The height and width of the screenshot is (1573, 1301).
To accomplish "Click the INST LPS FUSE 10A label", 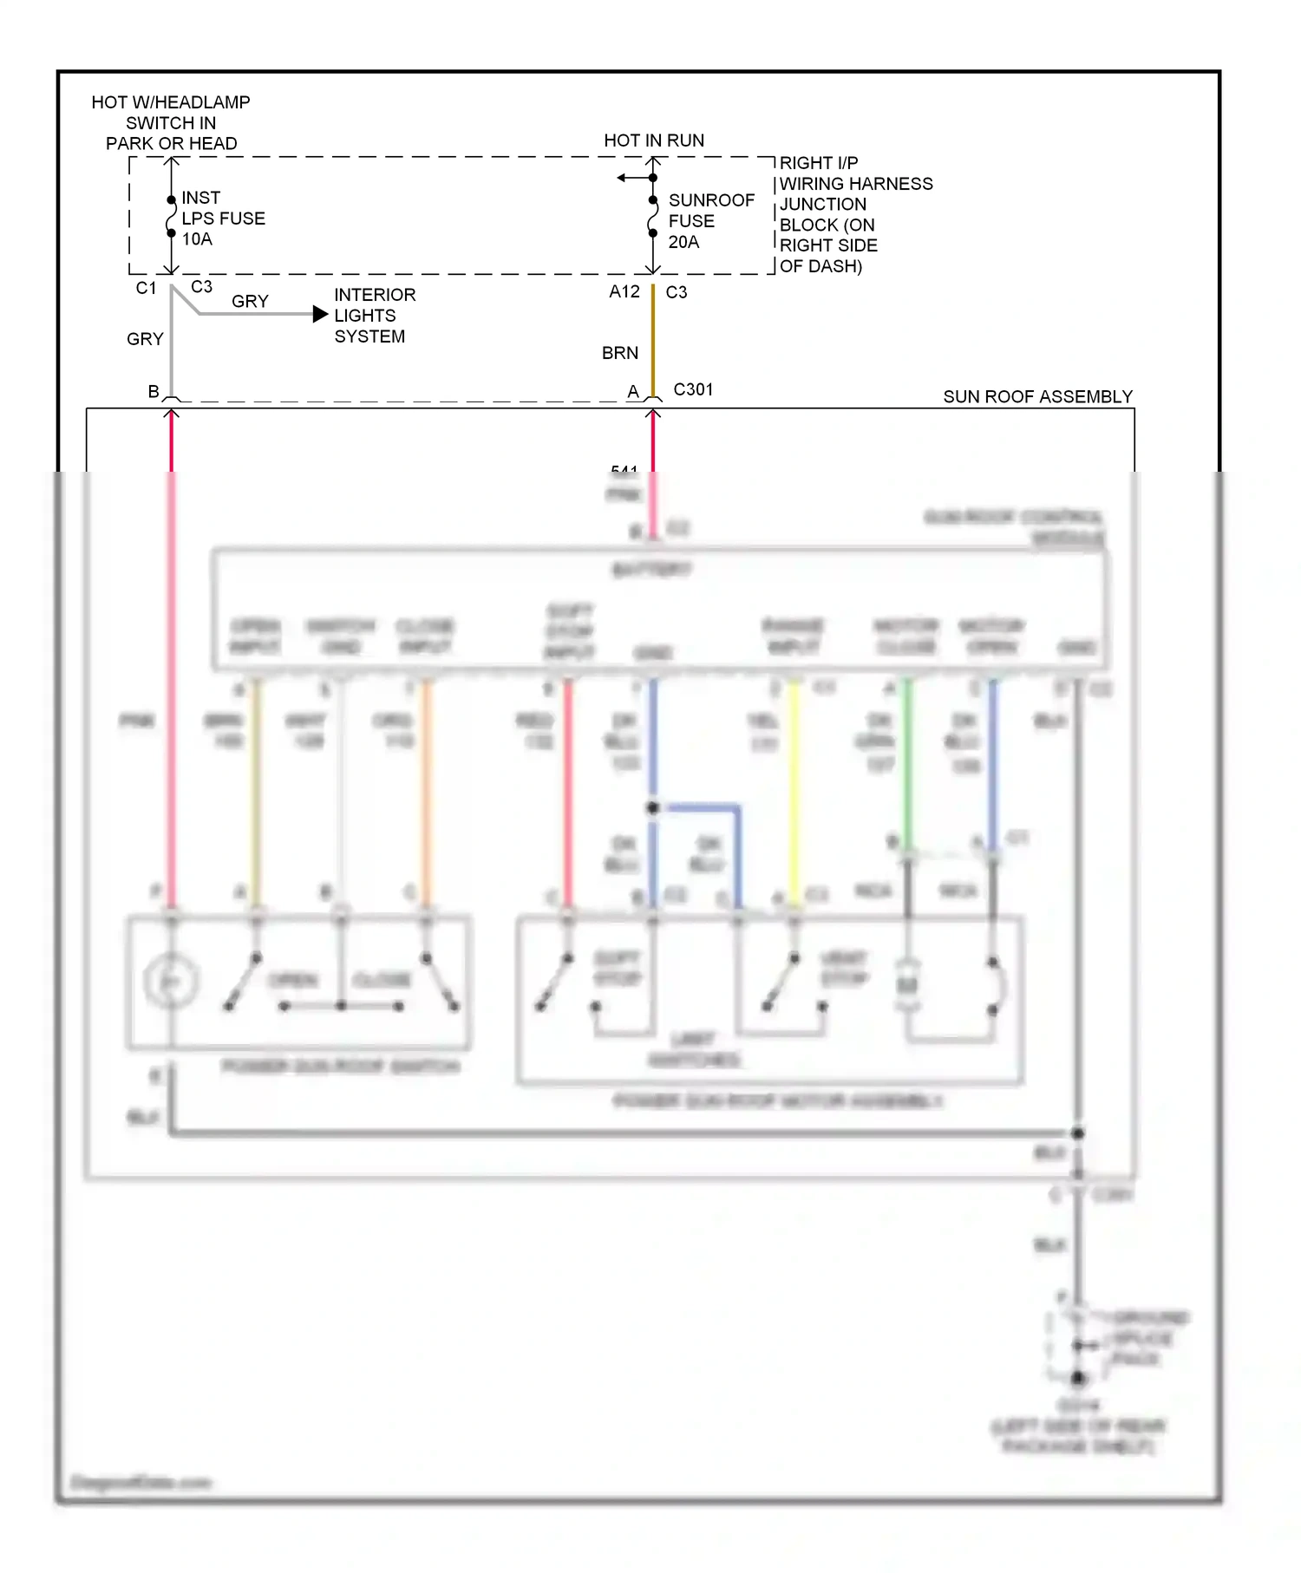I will [222, 219].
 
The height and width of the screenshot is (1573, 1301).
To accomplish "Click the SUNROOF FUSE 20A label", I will [710, 221].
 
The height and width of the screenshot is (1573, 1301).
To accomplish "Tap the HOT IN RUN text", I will [654, 140].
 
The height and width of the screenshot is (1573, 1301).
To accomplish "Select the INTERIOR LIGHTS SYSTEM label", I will [374, 316].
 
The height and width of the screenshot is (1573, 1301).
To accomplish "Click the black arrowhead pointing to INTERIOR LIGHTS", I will [320, 314].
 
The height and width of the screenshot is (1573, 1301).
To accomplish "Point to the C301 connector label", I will [693, 389].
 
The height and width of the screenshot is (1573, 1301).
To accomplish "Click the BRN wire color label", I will [619, 353].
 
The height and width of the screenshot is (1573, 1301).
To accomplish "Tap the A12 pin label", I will [624, 292].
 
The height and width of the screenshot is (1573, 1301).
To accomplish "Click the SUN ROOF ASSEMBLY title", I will [1037, 396].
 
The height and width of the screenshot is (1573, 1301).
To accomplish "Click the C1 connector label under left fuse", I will [146, 288].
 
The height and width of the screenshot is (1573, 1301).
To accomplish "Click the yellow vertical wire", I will [793, 789].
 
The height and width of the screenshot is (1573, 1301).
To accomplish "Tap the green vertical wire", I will [907, 763].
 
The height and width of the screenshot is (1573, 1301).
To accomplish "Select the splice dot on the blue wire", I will [653, 807].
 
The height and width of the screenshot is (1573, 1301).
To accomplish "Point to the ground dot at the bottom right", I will [1077, 1377].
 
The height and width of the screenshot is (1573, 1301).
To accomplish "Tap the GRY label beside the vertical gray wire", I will [145, 339].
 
